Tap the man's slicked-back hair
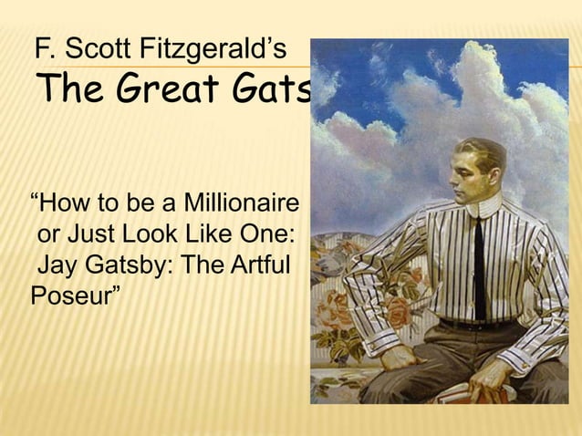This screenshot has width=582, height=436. coord(483,151)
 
